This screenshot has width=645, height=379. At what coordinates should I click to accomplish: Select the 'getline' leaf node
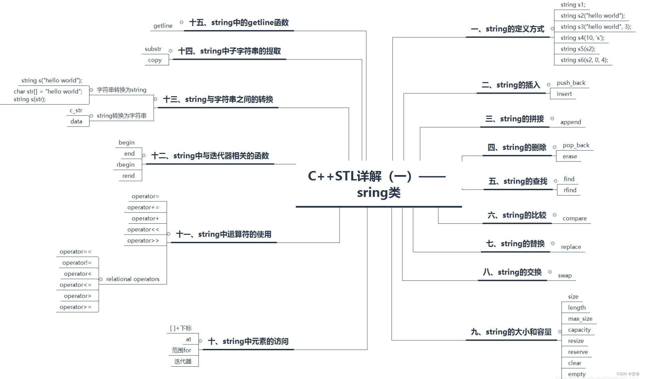(163, 26)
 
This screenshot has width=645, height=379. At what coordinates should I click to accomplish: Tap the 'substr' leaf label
(153, 49)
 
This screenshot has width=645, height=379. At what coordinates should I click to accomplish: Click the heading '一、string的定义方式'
(507, 29)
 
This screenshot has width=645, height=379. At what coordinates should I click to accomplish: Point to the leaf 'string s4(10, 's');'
(582, 38)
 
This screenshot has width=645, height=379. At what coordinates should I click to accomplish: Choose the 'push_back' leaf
(571, 83)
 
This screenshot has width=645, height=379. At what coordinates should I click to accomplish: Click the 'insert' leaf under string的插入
(564, 94)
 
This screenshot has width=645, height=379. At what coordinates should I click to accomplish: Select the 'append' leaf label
(571, 122)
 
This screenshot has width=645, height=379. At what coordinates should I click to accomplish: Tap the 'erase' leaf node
(570, 156)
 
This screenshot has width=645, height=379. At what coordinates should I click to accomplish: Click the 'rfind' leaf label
(570, 190)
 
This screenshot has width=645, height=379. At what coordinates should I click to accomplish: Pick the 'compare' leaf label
(575, 218)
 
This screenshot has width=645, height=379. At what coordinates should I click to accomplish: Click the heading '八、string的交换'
(512, 272)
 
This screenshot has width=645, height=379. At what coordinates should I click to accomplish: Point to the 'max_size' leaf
(580, 319)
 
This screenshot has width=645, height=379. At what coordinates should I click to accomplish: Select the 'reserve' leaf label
(578, 352)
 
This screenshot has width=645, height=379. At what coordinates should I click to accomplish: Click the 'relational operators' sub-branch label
(133, 279)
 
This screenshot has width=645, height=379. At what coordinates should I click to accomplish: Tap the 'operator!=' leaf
(77, 263)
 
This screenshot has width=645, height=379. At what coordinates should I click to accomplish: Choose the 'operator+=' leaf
(143, 207)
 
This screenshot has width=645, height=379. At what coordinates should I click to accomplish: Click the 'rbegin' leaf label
(125, 165)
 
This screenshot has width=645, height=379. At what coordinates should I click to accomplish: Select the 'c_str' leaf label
(76, 110)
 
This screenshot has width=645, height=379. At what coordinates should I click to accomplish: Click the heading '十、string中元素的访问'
(248, 341)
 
